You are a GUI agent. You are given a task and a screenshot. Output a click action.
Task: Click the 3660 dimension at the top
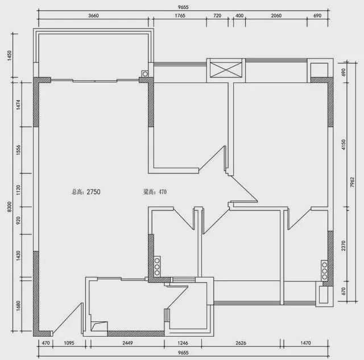[93, 15]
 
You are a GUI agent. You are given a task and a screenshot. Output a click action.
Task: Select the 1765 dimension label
[180, 15]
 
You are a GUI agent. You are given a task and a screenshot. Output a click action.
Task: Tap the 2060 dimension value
[276, 15]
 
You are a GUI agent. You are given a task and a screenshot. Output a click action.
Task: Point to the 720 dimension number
[217, 15]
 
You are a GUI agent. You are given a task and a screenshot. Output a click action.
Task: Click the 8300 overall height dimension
[9, 207]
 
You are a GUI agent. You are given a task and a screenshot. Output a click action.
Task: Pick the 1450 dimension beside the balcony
[9, 56]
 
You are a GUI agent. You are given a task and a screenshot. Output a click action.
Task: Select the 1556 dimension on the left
[18, 150]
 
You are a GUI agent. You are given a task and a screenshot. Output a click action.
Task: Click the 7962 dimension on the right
[353, 182]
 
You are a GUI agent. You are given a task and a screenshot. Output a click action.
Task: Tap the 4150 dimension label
[344, 144]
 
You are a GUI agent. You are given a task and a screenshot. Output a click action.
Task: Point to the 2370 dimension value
[344, 246]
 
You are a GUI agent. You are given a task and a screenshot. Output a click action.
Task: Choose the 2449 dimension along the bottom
[127, 343]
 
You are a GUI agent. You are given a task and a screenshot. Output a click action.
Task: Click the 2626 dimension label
[241, 343]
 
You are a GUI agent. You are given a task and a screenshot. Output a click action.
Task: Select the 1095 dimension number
[69, 343]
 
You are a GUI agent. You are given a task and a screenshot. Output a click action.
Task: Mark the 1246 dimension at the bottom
[183, 343]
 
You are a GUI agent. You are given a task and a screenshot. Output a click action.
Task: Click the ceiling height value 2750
[93, 192]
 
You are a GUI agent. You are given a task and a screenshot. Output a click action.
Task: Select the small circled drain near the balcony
[145, 74]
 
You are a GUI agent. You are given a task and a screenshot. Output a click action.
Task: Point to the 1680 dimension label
[18, 306]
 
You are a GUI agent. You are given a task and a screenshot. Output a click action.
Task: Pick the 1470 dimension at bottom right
[305, 343]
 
